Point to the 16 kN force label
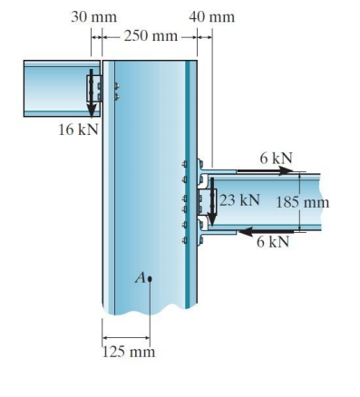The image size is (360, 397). [77, 130]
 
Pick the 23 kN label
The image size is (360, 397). [240, 199]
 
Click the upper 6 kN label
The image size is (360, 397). [276, 159]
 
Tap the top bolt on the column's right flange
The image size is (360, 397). [186, 165]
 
